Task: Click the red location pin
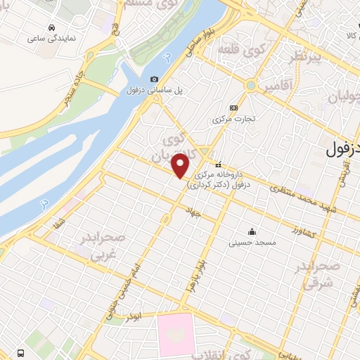click(x=181, y=166)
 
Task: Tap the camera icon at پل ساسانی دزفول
click(x=154, y=79)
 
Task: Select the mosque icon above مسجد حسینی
click(x=252, y=231)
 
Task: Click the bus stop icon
click(x=19, y=351)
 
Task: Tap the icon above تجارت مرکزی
click(x=234, y=108)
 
